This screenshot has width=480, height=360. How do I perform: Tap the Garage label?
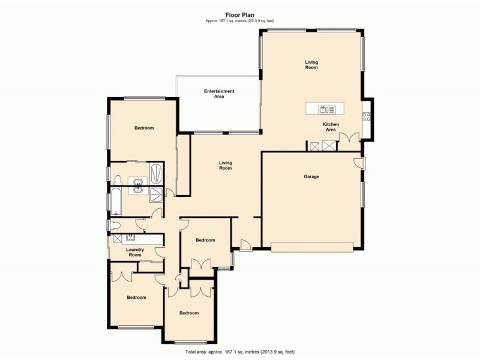tap(311, 176)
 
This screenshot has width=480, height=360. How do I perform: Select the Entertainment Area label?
tap(219, 94)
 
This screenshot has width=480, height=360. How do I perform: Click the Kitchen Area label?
tap(331, 127)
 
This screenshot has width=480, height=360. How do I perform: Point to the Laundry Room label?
tap(134, 253)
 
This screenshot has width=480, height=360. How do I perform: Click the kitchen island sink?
tap(324, 109)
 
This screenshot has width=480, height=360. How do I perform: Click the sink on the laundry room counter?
tap(130, 238)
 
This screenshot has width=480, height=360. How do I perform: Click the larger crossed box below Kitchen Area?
tap(329, 146)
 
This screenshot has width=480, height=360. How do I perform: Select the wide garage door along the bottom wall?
tap(312, 245)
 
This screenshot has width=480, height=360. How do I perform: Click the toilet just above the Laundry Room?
tap(116, 225)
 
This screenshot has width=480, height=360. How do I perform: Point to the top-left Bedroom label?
tap(144, 128)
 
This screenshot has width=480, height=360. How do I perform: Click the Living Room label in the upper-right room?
tap(311, 65)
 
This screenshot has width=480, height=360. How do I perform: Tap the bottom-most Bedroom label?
tap(189, 313)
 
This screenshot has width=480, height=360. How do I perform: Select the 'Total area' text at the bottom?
tap(239, 351)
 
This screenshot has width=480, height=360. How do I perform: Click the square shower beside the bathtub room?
tap(155, 193)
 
